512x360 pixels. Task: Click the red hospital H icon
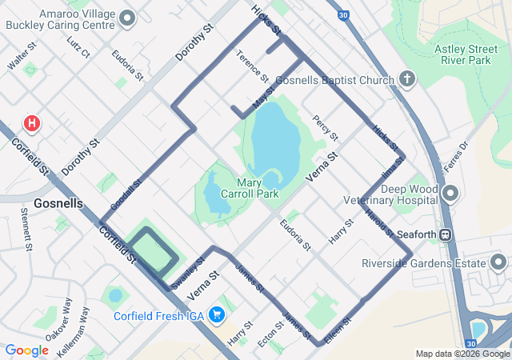click(32, 123)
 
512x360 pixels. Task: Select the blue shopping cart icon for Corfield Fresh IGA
click(215, 315)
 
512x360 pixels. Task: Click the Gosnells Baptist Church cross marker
click(407, 80)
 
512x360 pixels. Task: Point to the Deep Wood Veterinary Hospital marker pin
click(450, 193)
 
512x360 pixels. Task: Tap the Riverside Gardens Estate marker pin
click(498, 262)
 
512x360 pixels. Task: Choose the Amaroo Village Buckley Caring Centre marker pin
click(126, 18)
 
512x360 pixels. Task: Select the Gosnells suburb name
click(58, 203)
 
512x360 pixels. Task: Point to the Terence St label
click(251, 66)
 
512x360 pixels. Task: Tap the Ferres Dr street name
click(457, 150)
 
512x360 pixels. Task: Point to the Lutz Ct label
click(79, 46)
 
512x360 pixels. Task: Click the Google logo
click(27, 350)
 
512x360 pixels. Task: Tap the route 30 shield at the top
click(342, 14)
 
